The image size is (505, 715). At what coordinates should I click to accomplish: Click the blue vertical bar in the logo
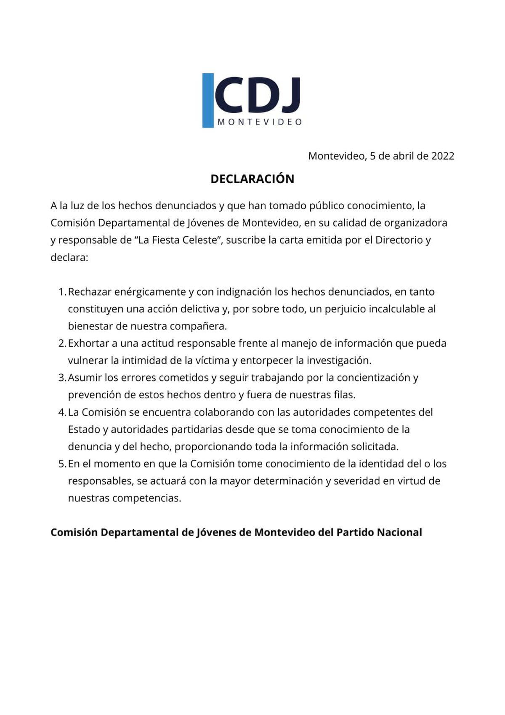208,100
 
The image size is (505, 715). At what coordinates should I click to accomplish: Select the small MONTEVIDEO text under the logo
260,122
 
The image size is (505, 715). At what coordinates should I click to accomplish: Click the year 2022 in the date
443,156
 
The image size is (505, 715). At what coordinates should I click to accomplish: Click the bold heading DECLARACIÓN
252,179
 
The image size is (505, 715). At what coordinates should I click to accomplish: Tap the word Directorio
399,240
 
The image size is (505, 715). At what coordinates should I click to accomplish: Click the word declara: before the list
69,257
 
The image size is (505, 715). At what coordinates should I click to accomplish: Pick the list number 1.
61,292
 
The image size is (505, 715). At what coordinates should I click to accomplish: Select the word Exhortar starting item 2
88,343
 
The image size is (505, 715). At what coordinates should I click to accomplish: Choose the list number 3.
61,378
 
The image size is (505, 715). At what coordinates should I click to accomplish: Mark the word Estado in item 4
83,430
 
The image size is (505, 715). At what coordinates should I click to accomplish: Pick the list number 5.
61,464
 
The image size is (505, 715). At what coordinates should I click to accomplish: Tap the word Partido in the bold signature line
355,532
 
